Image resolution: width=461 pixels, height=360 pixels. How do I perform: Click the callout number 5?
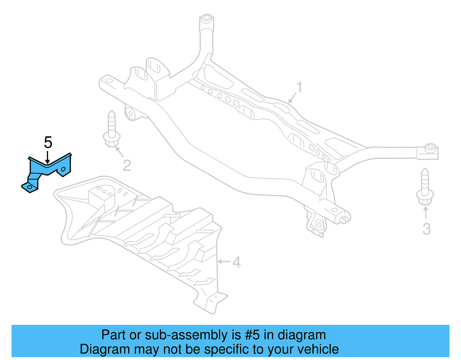[48, 142]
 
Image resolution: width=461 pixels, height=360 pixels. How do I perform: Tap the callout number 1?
[300, 87]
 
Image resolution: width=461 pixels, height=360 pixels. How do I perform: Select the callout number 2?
[127, 165]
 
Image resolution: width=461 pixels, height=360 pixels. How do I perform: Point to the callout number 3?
[426, 229]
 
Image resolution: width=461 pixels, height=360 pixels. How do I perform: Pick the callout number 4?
[237, 262]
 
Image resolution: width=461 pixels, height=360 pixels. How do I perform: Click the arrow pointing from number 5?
[48, 157]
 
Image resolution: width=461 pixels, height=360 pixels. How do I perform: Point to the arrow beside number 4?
[224, 262]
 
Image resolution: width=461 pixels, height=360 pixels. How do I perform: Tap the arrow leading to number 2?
[119, 152]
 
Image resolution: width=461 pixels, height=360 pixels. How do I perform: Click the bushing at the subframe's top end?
[206, 19]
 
